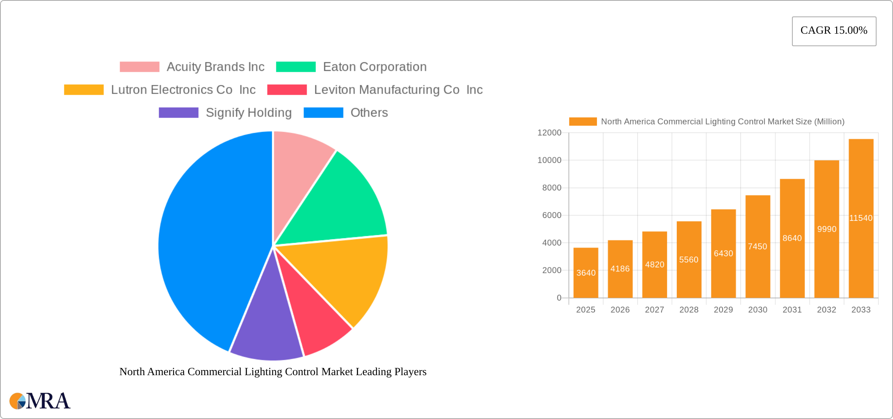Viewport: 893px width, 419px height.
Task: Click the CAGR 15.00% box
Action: (x=834, y=31)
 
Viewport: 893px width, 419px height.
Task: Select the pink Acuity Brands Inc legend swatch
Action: (x=139, y=67)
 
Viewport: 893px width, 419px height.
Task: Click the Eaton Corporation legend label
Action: (x=374, y=67)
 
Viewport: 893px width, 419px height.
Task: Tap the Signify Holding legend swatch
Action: (x=179, y=113)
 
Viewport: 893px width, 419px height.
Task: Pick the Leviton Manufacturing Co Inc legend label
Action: (x=398, y=90)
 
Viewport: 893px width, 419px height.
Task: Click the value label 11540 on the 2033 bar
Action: (x=860, y=218)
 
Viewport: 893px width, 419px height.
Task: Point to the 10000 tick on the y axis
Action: (x=549, y=160)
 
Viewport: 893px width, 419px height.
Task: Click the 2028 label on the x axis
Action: (x=689, y=310)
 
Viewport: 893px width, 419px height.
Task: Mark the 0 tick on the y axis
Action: (x=559, y=298)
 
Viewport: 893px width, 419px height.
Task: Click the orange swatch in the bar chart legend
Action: (x=582, y=122)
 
